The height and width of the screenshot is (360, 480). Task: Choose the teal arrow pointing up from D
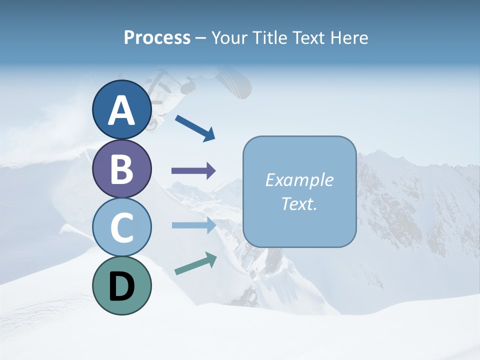[x=195, y=263]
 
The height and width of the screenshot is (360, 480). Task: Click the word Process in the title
[x=157, y=38]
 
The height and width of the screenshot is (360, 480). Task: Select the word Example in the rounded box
[x=299, y=180]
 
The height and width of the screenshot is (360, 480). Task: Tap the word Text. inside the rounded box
[x=299, y=204]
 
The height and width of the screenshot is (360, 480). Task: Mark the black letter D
[x=121, y=286]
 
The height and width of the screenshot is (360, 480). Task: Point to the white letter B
[x=121, y=169]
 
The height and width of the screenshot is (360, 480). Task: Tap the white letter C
[x=121, y=227]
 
